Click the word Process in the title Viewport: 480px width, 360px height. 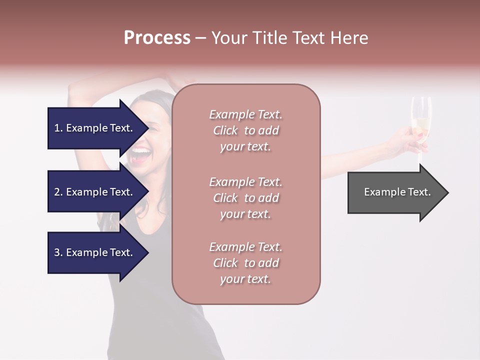point(157,38)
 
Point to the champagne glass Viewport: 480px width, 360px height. point(421,120)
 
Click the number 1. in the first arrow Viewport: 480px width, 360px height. point(58,128)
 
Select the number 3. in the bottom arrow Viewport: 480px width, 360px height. point(58,252)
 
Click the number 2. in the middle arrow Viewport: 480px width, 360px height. point(58,192)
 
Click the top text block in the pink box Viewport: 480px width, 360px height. point(245,130)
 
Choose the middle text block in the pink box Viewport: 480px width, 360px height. point(245,198)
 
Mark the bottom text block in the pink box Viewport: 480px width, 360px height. point(245,263)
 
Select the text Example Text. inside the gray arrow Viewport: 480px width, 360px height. point(397,192)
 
